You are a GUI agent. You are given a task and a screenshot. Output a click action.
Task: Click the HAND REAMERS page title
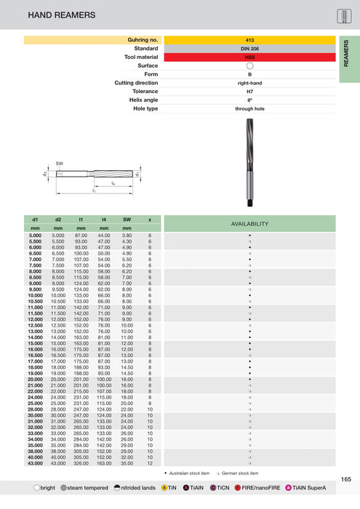point(62,15)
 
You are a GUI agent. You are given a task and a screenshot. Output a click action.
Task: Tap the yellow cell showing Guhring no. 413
point(249,40)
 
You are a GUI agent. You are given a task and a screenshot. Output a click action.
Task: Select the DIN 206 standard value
point(249,49)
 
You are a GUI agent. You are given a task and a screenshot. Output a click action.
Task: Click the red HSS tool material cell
point(249,57)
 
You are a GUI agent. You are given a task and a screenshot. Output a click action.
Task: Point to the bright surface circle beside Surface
point(249,65)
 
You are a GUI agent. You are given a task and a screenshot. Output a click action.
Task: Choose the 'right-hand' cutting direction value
point(249,83)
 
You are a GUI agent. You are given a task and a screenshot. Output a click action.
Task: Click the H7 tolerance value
point(249,92)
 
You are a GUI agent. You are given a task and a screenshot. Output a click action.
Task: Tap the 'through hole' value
point(249,109)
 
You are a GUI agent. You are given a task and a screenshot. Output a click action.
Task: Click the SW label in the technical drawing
point(60,164)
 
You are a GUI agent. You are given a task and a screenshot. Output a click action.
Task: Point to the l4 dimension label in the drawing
point(113,183)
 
